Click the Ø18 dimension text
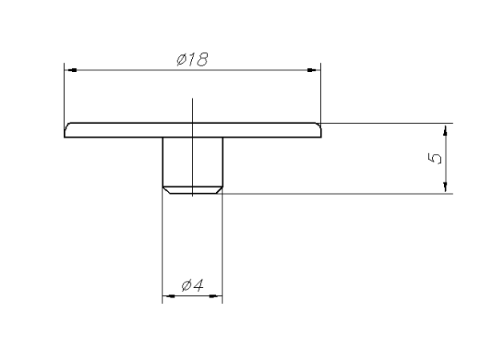point(193,59)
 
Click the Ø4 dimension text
point(193,286)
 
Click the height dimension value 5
point(434,158)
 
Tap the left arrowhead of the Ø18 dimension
point(70,70)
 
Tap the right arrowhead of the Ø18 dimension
point(314,70)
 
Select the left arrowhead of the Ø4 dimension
point(168,296)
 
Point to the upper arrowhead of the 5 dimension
point(445,130)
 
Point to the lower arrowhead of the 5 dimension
point(445,186)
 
